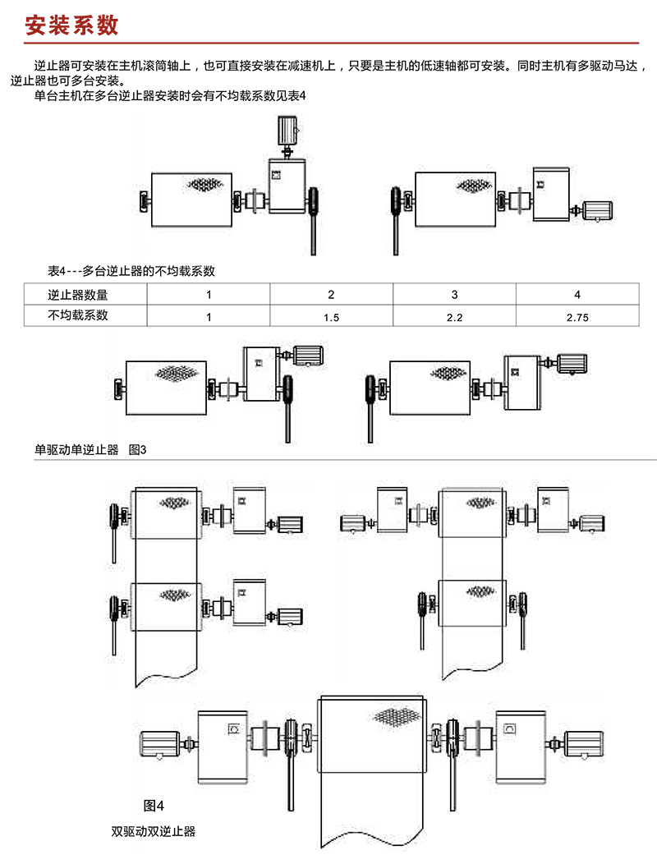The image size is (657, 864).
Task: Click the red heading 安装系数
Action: click(71, 25)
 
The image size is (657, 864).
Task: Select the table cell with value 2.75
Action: click(577, 317)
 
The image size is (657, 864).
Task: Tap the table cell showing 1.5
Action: click(331, 317)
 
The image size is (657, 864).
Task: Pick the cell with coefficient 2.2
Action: click(454, 317)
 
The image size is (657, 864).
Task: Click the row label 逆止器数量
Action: click(78, 295)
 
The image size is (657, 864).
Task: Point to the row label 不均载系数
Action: click(78, 315)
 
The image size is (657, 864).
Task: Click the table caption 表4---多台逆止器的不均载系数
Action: click(131, 270)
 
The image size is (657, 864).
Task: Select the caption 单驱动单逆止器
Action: click(76, 449)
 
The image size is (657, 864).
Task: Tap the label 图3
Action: click(137, 449)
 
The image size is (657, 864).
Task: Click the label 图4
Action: click(154, 806)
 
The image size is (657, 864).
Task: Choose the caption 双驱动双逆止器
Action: click(154, 831)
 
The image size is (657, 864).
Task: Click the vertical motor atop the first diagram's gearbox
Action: click(287, 130)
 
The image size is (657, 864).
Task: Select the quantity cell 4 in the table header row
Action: click(577, 294)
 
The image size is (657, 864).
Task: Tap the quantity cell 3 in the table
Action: click(454, 294)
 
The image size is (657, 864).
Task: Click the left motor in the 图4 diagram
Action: click(160, 744)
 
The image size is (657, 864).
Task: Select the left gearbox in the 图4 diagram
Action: click(223, 747)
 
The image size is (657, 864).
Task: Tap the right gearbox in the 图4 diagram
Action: click(521, 747)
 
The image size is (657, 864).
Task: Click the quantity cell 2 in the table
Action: click(331, 294)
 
